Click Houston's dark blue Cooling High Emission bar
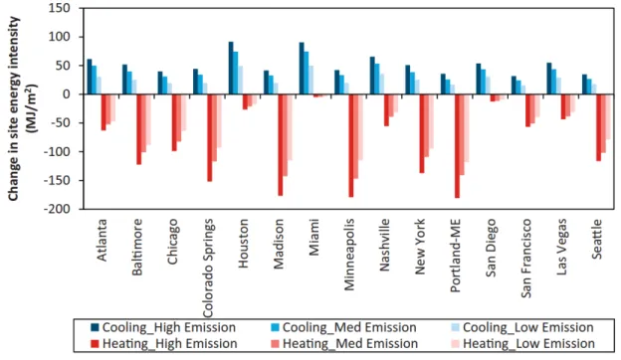[231, 68]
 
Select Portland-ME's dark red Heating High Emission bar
[457, 146]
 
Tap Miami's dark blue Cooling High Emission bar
[302, 69]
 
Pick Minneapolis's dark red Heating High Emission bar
[351, 145]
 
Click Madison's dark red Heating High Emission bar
[281, 145]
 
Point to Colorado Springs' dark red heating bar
[210, 137]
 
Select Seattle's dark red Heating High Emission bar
[598, 127]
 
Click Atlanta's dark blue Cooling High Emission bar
[90, 77]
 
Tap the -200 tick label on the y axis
[57, 209]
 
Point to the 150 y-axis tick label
[60, 8]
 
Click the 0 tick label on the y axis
[67, 94]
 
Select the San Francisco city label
[525, 259]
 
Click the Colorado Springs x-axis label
[208, 269]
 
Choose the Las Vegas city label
[561, 247]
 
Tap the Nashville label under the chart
[384, 245]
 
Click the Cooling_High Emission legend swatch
[95, 327]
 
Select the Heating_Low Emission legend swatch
[456, 343]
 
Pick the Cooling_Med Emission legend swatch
[275, 327]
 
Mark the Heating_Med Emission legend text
[350, 344]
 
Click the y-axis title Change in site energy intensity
[13, 108]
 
